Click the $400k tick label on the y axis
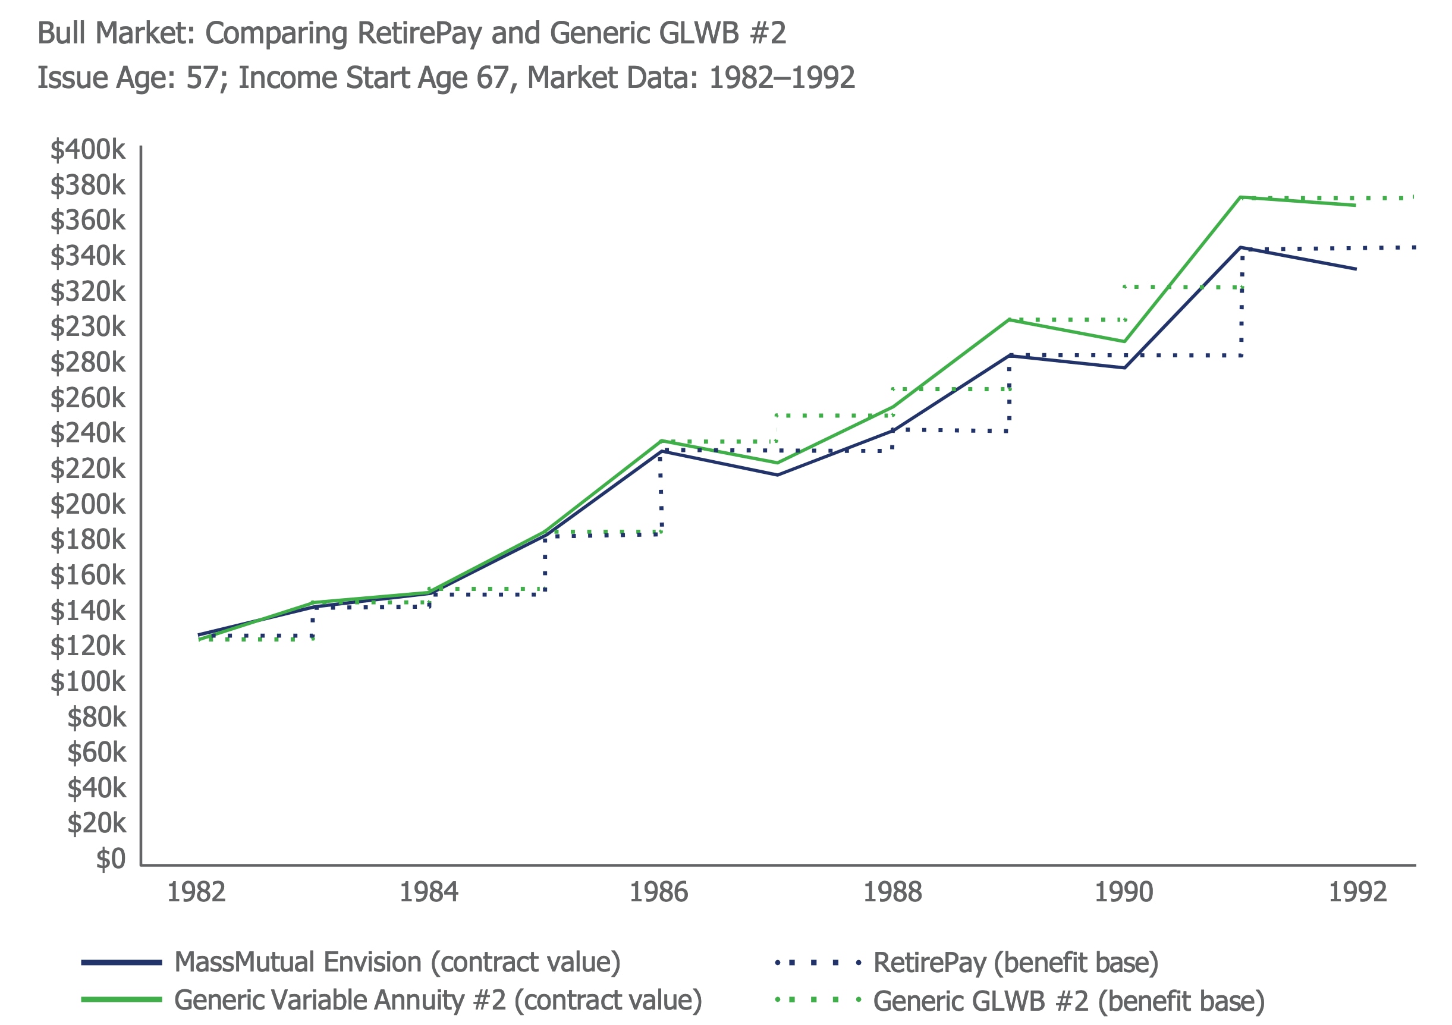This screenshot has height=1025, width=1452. click(x=88, y=150)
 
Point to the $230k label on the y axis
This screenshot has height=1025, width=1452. click(x=88, y=327)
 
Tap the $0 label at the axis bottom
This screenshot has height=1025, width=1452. click(x=111, y=859)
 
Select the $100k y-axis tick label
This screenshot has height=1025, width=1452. click(x=88, y=681)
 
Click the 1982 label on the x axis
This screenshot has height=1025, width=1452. click(x=196, y=892)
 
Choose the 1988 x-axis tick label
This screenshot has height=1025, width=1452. click(x=892, y=892)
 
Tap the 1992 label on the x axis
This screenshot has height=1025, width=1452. click(x=1357, y=892)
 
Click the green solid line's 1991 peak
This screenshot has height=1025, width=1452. click(x=1242, y=197)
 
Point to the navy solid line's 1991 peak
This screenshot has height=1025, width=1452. click(x=1242, y=248)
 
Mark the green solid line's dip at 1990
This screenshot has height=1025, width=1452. click(x=1124, y=341)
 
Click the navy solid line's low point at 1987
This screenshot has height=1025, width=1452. click(x=777, y=475)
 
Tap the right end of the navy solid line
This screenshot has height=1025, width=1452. click(x=1355, y=269)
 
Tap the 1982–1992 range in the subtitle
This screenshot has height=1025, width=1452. click(x=782, y=78)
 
